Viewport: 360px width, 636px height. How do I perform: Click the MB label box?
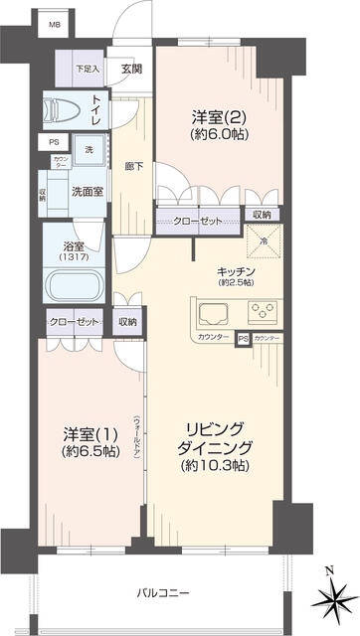click(x=56, y=23)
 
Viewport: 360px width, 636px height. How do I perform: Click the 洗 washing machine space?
click(x=90, y=149)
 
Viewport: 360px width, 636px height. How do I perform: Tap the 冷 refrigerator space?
click(x=264, y=239)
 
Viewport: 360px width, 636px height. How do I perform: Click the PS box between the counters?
click(x=242, y=341)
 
